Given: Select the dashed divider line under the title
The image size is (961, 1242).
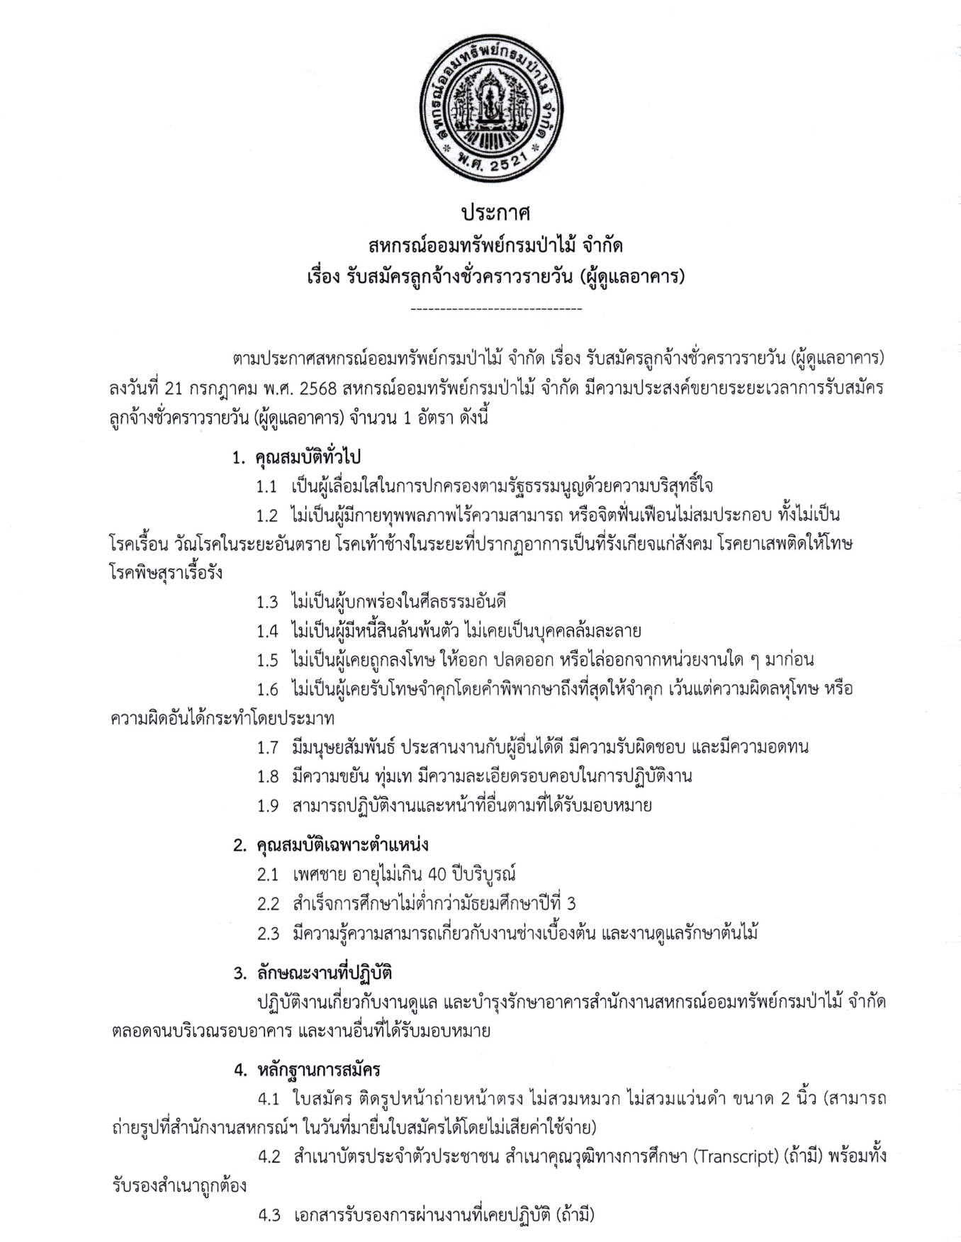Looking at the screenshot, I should pyautogui.click(x=495, y=309).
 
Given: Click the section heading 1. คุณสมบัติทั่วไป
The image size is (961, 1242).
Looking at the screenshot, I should pyautogui.click(x=297, y=457).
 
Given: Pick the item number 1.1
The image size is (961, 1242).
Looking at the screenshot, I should pyautogui.click(x=267, y=487).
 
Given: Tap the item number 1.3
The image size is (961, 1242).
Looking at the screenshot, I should pyautogui.click(x=267, y=602).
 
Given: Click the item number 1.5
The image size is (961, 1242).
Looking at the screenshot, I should pyautogui.click(x=267, y=660).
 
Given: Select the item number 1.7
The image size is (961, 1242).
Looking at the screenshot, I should pyautogui.click(x=267, y=746).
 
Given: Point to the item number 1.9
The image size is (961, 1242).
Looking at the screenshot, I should pyautogui.click(x=267, y=805).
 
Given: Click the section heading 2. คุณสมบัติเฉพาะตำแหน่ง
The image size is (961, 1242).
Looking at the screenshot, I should pyautogui.click(x=331, y=845).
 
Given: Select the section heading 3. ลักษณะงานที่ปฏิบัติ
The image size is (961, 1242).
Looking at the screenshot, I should pyautogui.click(x=313, y=973).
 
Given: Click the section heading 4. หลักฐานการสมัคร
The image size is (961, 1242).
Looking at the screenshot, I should pyautogui.click(x=307, y=1070).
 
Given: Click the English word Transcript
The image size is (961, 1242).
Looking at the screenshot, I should pyautogui.click(x=734, y=1157).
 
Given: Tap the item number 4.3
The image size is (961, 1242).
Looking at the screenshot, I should pyautogui.click(x=268, y=1215).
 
